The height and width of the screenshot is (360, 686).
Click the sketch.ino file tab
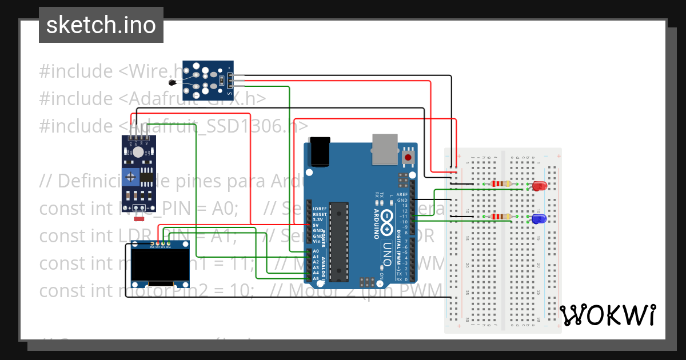pos(101,25)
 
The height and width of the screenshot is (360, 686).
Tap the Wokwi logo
pos(607,315)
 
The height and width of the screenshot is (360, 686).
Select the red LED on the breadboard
pos(539,186)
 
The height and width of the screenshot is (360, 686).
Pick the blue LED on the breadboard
pos(538,219)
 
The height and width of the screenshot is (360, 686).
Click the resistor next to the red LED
pos(501,184)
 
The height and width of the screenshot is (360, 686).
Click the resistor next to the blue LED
pos(501,217)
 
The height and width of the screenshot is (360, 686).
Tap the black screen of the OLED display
pos(160,265)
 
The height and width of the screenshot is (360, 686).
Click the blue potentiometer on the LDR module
pos(132,177)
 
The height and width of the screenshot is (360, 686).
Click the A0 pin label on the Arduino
pos(315,251)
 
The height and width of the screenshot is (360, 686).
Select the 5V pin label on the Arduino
pos(316,225)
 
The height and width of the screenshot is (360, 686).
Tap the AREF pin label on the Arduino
pos(402,194)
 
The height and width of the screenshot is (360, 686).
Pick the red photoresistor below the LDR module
pos(138,218)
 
